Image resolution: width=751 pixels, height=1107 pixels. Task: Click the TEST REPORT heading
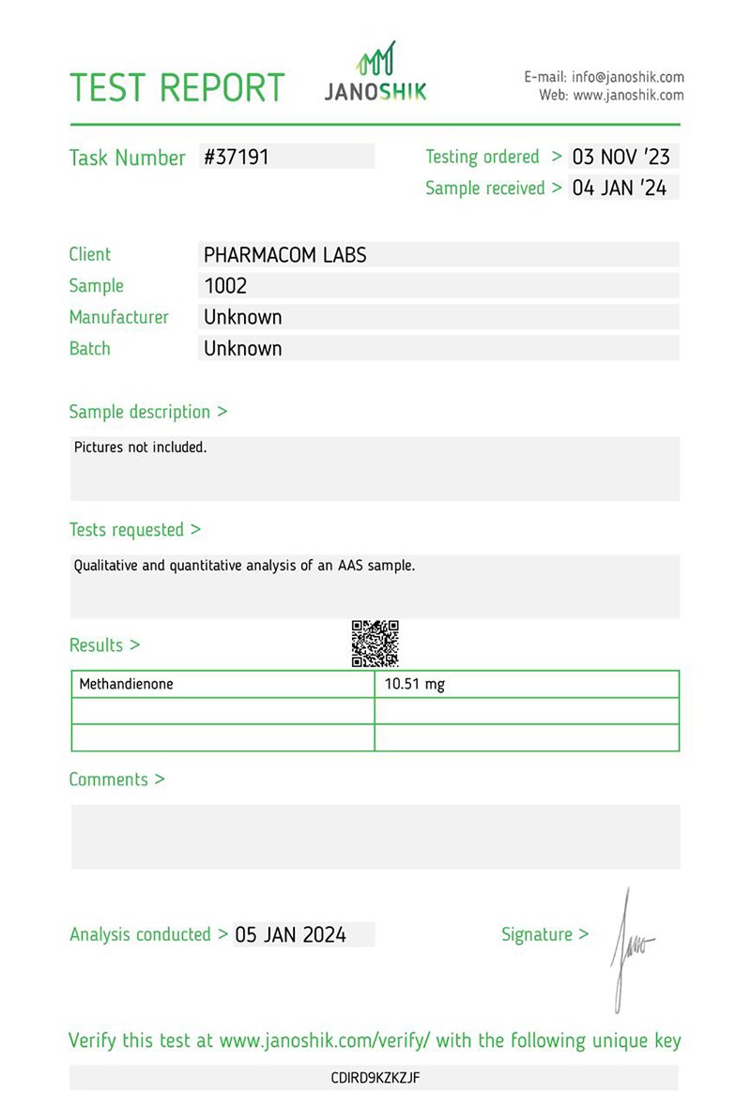177,87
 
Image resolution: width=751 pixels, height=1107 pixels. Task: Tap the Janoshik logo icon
375,60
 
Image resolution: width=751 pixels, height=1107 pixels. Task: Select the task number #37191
237,157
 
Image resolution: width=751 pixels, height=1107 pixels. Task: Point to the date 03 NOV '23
621,157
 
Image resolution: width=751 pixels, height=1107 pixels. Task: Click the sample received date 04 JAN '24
620,188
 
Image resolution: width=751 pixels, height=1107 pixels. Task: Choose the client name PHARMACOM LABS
285,254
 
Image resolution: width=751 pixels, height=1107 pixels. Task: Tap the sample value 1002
225,285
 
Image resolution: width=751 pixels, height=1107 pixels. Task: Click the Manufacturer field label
119,317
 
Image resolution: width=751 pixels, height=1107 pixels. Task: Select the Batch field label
90,348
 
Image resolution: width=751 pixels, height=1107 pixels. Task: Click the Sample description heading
148,412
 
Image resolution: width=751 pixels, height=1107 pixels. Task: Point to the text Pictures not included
141,447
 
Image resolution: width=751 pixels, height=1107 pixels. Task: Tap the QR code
375,644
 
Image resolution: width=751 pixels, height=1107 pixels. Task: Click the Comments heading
117,780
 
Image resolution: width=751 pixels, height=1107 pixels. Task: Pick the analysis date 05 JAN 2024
291,934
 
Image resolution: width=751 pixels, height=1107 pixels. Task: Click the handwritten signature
629,948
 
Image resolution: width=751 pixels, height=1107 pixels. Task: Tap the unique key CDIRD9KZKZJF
375,1078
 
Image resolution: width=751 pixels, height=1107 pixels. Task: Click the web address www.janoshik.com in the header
628,95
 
